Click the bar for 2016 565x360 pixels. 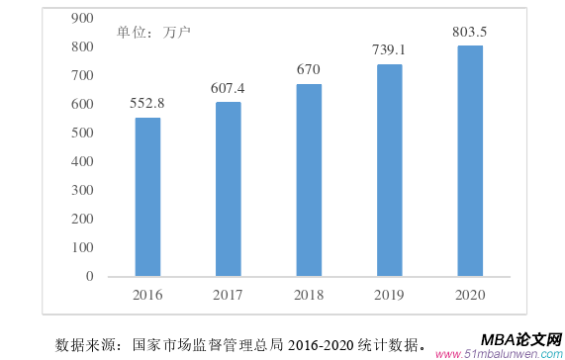tap(147, 196)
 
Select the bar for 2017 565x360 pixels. tap(229, 188)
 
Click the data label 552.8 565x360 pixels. tap(147, 103)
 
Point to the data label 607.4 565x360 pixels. tap(229, 88)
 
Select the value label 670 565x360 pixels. tap(309, 70)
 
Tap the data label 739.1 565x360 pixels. tap(389, 50)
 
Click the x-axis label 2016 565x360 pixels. tap(147, 294)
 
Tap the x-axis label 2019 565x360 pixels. tap(389, 294)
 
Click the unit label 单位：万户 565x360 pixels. tap(153, 32)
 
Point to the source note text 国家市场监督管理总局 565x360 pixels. tap(208, 344)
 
